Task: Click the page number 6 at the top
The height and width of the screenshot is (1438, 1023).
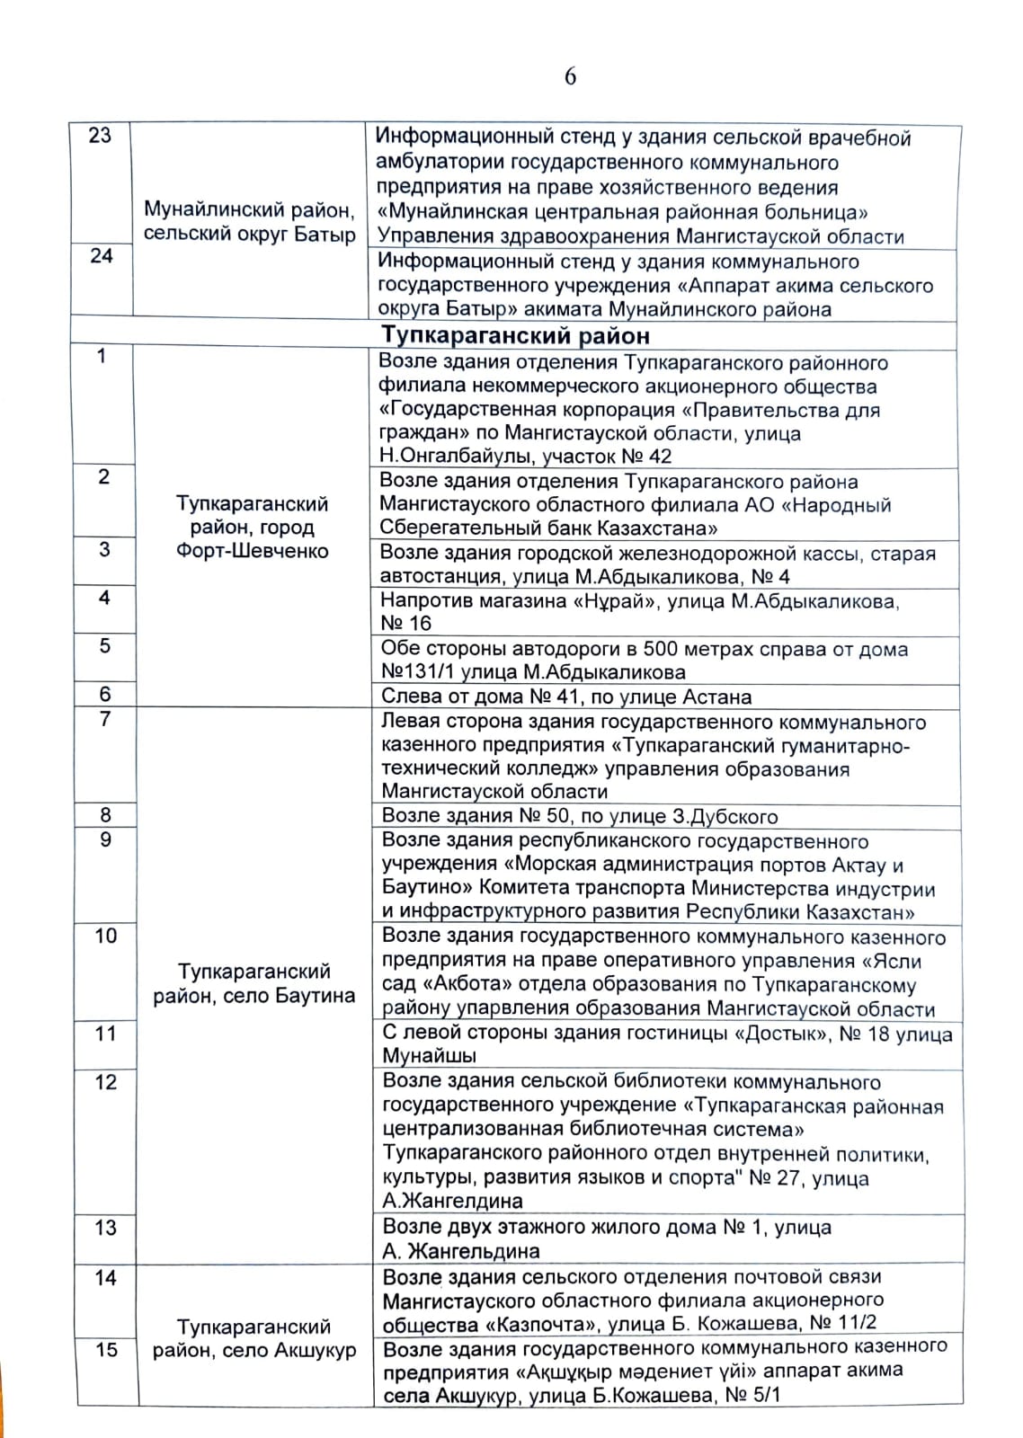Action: [570, 77]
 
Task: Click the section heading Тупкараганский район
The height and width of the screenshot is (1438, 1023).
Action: [515, 335]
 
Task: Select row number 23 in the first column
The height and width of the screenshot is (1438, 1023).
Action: [100, 136]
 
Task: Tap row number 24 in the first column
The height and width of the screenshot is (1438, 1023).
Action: [102, 256]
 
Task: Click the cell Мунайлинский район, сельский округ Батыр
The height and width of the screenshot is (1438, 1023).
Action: [249, 222]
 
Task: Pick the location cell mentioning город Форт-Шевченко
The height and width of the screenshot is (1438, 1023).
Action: [252, 527]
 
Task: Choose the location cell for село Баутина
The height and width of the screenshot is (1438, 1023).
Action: [254, 983]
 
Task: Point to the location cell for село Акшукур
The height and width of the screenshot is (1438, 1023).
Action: [254, 1338]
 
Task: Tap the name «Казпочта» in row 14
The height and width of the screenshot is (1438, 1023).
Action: [543, 1324]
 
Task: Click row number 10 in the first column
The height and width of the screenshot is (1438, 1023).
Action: [106, 936]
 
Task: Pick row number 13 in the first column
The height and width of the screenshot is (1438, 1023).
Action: [106, 1228]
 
